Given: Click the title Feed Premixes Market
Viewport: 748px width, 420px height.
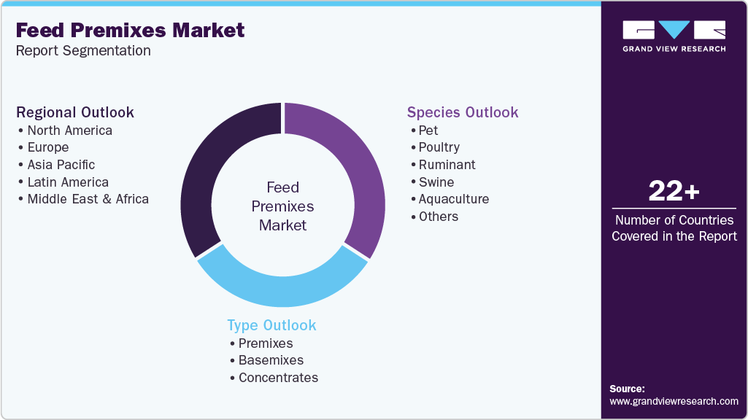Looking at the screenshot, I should point(130,31).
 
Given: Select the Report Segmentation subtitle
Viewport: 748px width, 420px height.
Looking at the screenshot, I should point(83,51).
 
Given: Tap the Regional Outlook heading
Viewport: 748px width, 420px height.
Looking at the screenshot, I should point(75,112).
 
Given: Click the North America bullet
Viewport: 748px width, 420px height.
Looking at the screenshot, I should point(69,131).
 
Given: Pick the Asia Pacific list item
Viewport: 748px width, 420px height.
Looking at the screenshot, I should point(61,165).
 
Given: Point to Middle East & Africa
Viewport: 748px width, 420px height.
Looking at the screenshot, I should point(88,199).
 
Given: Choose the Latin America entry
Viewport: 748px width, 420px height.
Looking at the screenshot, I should point(68,182).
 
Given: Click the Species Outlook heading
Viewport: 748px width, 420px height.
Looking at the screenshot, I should point(463,112).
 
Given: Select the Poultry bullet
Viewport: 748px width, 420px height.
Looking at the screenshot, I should point(439,147).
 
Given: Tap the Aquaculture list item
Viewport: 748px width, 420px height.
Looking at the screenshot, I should point(453,199).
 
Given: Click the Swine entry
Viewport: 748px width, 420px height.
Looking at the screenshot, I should point(436,182).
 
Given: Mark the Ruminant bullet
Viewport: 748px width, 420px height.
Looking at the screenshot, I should point(447,165).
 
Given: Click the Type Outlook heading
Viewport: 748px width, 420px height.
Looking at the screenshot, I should point(271,325).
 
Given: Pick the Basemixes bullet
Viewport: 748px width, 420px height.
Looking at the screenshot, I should point(271,360).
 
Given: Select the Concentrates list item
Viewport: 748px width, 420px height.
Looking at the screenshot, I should point(278,378).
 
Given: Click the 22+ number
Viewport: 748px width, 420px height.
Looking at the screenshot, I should point(674,192).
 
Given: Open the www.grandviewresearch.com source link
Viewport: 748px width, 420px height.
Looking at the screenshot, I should point(674,401).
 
